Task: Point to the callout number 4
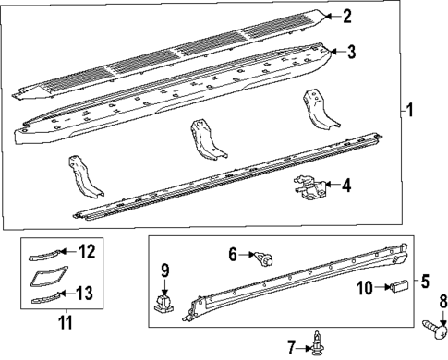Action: (x=345, y=186)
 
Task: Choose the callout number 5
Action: (x=426, y=281)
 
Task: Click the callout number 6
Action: (x=233, y=252)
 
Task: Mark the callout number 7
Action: (x=291, y=347)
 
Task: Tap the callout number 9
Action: (x=164, y=271)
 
